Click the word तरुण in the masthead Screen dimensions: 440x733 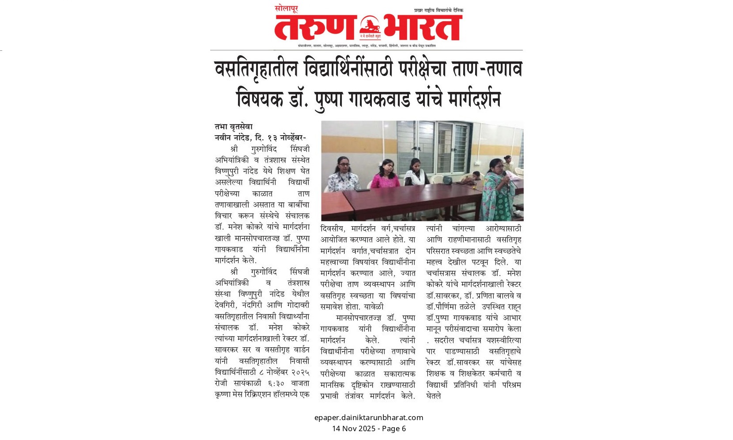tap(314, 28)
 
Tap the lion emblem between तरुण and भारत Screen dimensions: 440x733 tap(370, 26)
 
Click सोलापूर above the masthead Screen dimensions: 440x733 tap(286, 8)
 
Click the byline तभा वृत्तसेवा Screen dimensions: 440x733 tap(234, 127)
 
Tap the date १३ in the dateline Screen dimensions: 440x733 tap(273, 138)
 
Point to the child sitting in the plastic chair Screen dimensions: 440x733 tap(475, 178)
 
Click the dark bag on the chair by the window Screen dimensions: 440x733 tap(447, 180)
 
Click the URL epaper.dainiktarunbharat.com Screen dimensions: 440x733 tap(369, 417)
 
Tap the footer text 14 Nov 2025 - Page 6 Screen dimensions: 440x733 tap(369, 429)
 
